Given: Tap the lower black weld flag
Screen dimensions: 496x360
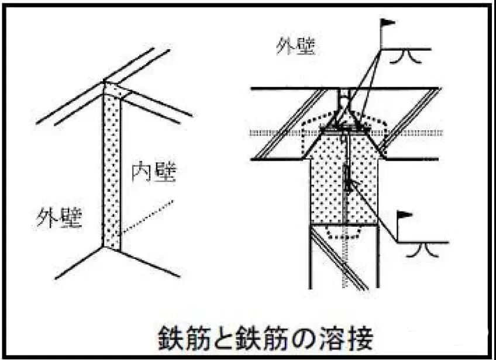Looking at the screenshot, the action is (x=405, y=215).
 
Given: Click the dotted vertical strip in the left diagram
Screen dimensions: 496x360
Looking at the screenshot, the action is (x=111, y=175).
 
